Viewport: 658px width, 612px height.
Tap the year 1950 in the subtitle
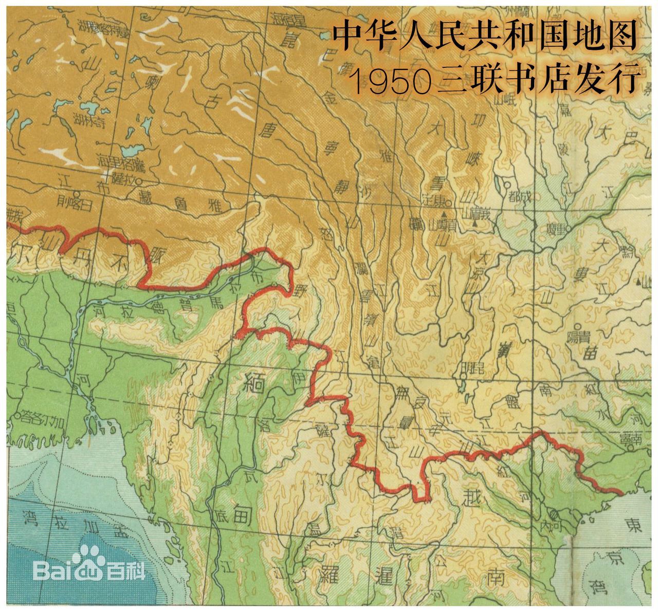[x=391, y=81]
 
